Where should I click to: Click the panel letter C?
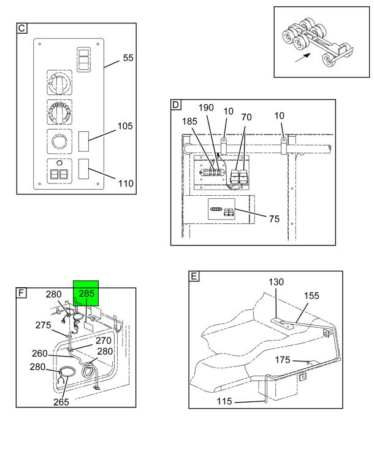[21, 28]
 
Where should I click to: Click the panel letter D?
[176, 105]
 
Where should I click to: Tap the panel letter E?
[194, 276]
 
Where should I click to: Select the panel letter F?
[21, 293]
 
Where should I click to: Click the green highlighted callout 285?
[86, 293]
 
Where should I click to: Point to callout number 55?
[128, 58]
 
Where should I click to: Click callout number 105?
[125, 126]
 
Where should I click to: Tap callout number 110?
[126, 183]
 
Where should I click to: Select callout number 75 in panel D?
[274, 219]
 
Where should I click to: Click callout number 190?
[206, 107]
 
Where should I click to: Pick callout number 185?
[190, 122]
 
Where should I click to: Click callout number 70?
[246, 117]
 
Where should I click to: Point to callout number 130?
[276, 282]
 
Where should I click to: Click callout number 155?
[311, 295]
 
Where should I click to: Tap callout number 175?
[283, 360]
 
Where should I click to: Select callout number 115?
[224, 401]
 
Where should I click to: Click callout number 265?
[61, 402]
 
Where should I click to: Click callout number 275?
[43, 325]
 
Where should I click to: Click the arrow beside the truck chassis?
[303, 58]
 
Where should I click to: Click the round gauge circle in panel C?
[59, 141]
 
